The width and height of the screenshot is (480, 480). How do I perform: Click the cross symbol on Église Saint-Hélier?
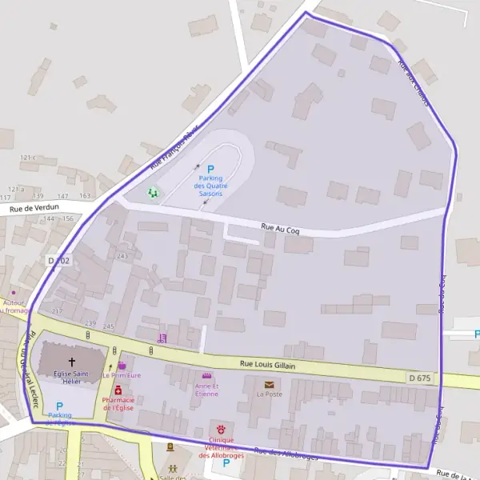(72, 351)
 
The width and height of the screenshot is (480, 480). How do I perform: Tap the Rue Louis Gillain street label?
(268, 365)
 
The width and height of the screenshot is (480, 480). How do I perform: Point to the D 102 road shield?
(58, 261)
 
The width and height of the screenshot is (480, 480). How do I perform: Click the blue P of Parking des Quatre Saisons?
(211, 169)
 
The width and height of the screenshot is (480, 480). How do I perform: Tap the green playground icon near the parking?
(153, 192)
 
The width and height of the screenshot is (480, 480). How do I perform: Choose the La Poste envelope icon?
(268, 384)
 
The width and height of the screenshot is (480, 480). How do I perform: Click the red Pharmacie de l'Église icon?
(118, 390)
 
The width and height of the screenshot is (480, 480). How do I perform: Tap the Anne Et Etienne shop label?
(206, 390)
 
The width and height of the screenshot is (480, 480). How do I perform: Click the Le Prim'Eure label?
(122, 374)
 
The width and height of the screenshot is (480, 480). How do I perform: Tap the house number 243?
(122, 256)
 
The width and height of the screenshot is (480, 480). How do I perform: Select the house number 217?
(57, 311)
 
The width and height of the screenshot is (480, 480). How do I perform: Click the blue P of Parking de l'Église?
(59, 406)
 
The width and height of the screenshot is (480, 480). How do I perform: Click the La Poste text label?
(270, 394)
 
